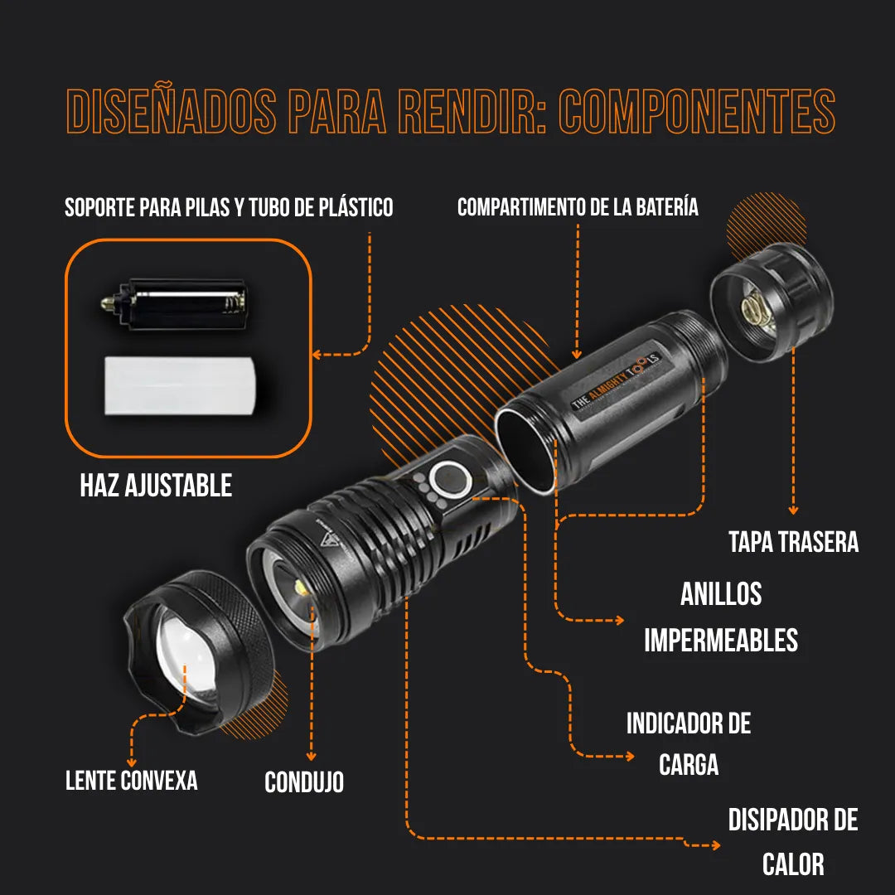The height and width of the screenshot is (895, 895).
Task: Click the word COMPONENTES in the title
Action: (696, 111)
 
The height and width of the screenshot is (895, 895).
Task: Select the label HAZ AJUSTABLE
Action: (156, 485)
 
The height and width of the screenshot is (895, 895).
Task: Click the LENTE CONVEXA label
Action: (131, 781)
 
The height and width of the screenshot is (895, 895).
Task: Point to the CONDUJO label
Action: (304, 782)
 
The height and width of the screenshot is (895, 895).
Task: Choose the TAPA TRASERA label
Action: (793, 542)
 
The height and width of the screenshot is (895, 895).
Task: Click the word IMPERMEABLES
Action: (721, 640)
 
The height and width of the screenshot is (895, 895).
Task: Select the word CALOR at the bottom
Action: (793, 864)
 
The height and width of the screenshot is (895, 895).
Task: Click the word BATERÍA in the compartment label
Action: (666, 206)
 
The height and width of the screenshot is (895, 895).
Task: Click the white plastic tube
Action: (179, 385)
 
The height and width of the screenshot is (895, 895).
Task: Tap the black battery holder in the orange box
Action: (175, 303)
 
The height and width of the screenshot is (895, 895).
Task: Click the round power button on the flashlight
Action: (450, 480)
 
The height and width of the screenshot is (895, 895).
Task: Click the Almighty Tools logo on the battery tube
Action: (617, 380)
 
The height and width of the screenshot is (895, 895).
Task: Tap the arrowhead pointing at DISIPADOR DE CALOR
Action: (716, 845)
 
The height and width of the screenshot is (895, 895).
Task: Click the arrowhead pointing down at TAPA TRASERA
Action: (793, 510)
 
